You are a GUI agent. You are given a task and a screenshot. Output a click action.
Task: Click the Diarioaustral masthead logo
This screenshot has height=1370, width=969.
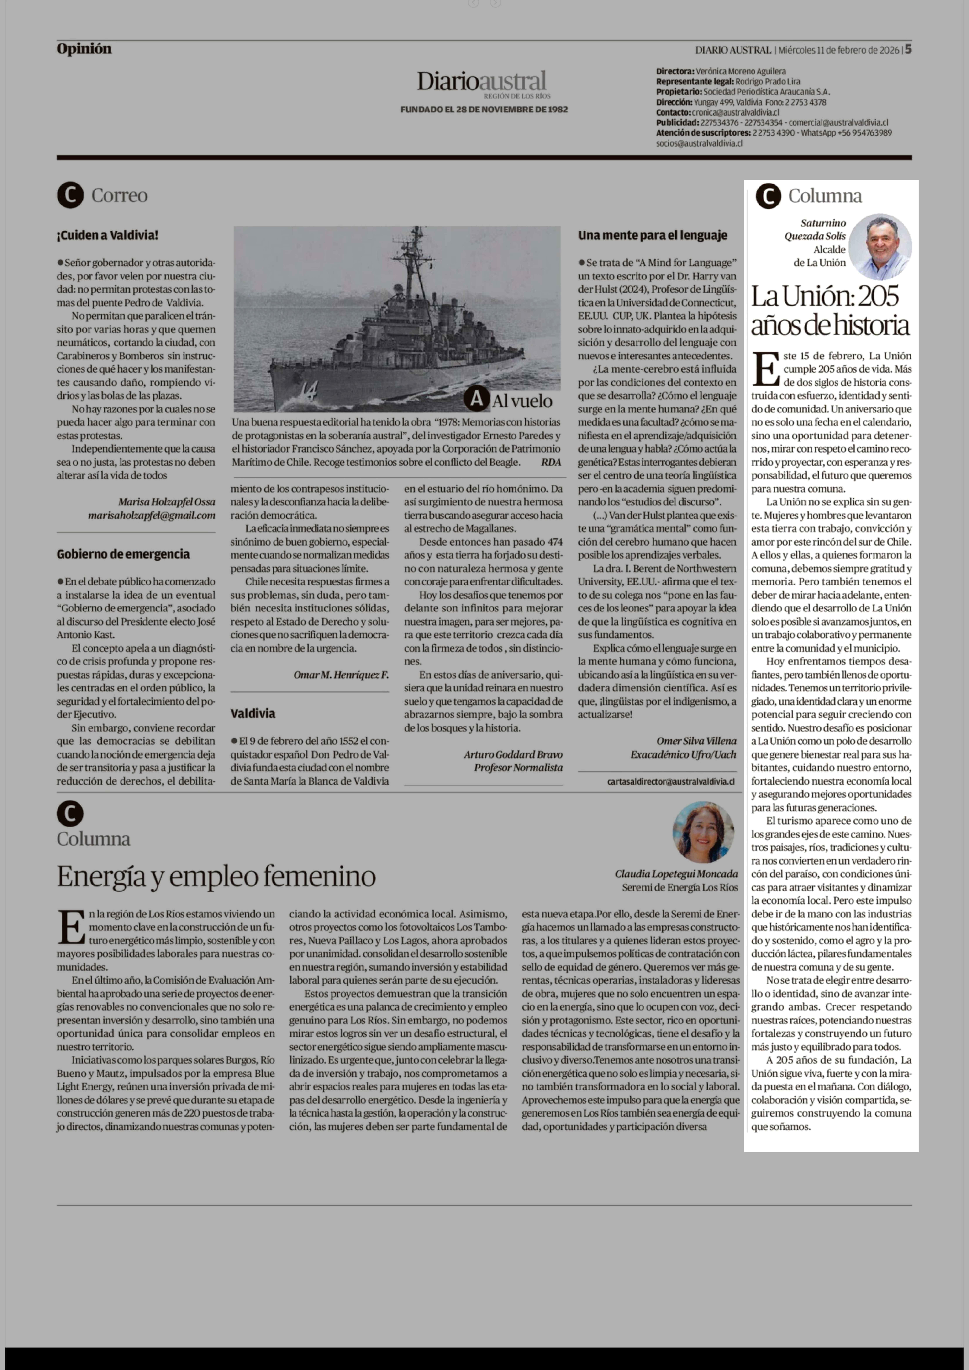(482, 82)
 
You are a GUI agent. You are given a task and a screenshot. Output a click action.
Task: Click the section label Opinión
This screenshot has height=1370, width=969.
(84, 49)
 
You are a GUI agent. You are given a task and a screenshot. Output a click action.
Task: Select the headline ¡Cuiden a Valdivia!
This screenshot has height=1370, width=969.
(107, 235)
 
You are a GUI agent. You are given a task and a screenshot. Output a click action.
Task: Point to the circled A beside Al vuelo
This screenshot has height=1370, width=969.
(476, 399)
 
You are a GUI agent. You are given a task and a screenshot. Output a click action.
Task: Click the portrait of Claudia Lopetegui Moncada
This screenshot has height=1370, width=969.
(703, 832)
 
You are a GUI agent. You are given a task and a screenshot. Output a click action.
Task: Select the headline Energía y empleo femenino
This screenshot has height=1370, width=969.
(216, 876)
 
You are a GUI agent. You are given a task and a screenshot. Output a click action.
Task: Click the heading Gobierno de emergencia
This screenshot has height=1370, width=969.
(123, 554)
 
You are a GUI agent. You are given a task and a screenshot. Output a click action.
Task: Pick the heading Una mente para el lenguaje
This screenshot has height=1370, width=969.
(652, 235)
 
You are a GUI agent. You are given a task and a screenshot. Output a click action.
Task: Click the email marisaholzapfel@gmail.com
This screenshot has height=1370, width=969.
(152, 516)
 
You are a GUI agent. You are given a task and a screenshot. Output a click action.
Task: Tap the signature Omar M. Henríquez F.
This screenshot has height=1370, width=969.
(341, 675)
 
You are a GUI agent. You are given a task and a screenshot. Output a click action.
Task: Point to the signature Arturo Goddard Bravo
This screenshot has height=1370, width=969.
(513, 754)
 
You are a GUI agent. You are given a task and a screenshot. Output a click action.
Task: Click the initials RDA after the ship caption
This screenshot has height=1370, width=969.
(551, 462)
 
